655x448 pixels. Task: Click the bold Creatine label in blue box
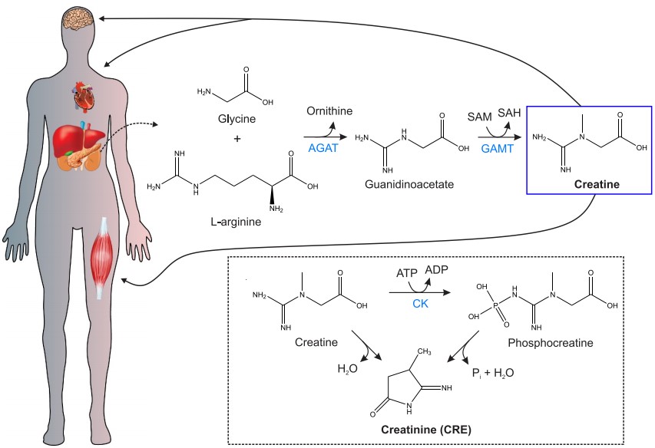[x=597, y=185]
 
